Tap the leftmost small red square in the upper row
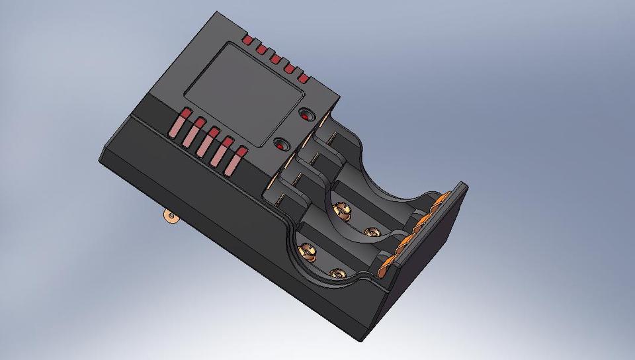point(247,41)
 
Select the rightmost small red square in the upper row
point(304,78)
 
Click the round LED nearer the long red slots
point(280,144)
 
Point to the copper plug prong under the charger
point(171,217)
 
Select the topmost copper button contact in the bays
point(341,210)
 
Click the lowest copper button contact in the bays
point(337,273)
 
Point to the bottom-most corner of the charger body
point(362,341)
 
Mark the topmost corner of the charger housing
point(218,11)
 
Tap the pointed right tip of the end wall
point(468,185)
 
